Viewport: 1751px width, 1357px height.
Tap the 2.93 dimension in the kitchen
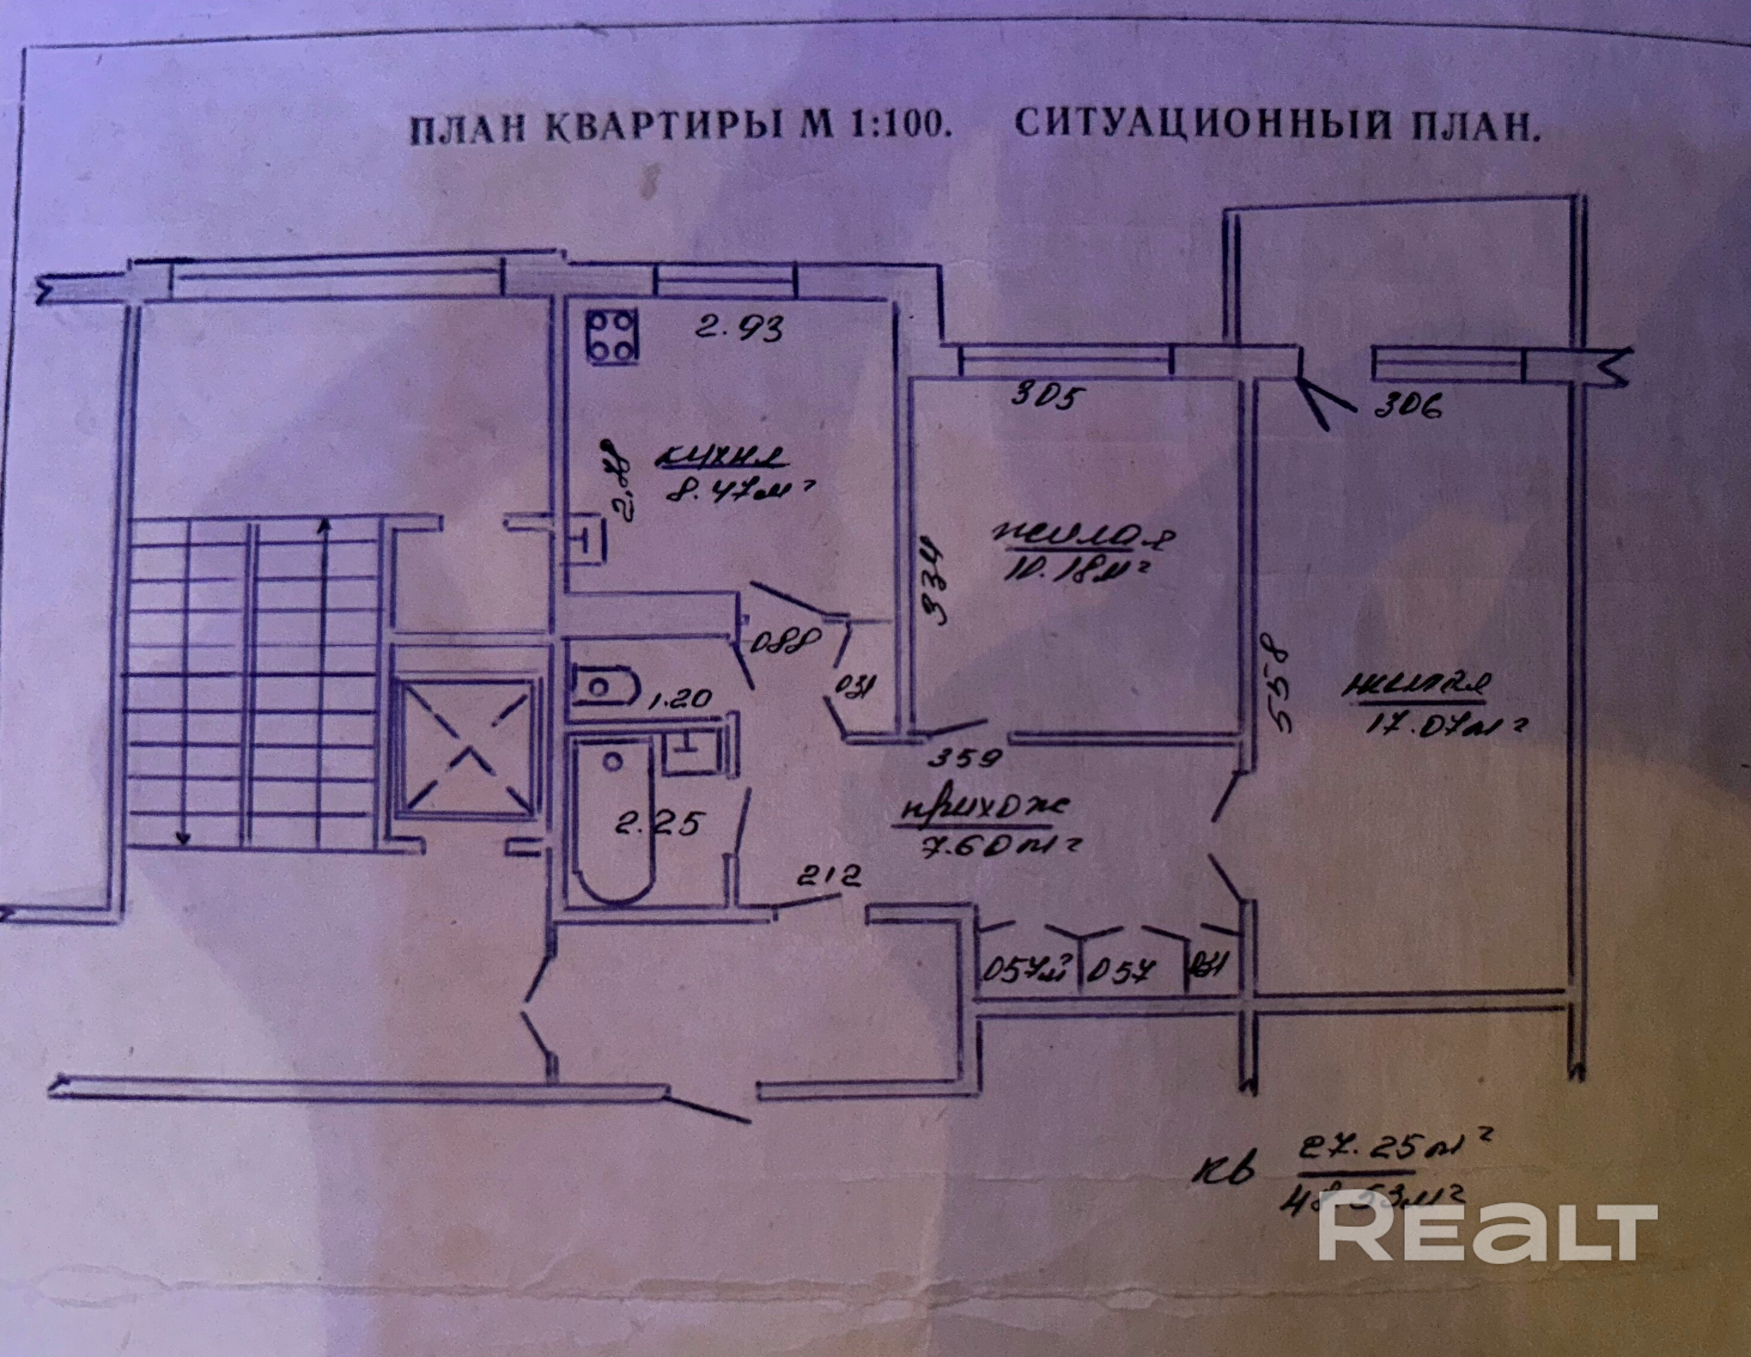(x=738, y=328)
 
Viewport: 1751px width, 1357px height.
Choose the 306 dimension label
(x=1408, y=408)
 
